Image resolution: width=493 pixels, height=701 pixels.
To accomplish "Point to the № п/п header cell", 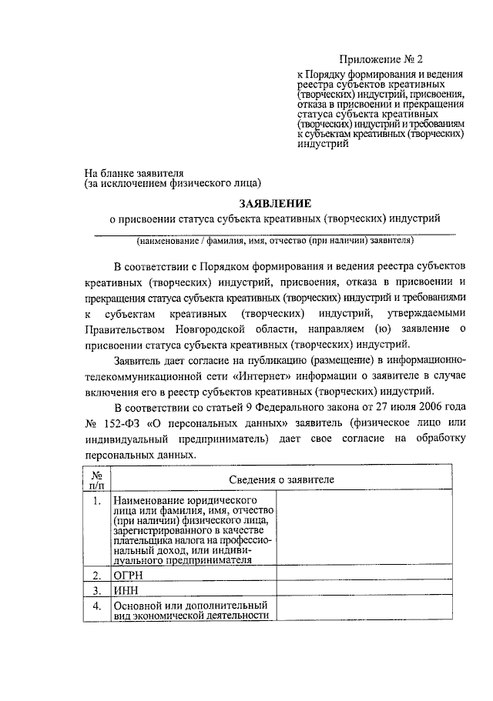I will [x=96, y=480].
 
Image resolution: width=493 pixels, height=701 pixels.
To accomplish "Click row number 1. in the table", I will [x=96, y=502].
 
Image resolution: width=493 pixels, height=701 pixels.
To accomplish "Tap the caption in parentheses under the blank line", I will [x=276, y=241].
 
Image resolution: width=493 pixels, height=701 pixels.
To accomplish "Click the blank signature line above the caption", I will [x=276, y=232].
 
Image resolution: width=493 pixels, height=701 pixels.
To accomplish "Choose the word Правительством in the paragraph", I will [x=128, y=329].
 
